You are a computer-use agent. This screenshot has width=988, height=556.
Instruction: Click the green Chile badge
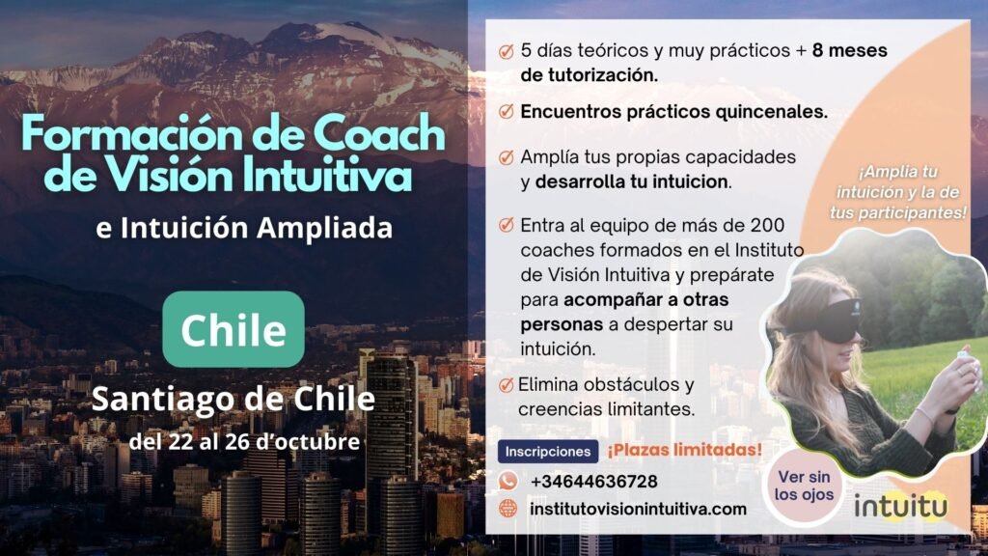click(x=233, y=329)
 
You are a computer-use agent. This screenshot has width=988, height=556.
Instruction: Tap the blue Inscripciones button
click(x=548, y=452)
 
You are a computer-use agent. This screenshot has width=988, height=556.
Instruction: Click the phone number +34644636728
click(x=593, y=482)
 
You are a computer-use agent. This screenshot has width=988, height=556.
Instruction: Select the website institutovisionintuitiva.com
click(x=638, y=509)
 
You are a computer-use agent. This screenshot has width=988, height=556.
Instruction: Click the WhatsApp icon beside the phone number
click(x=508, y=481)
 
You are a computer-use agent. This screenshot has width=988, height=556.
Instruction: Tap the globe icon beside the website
click(x=508, y=508)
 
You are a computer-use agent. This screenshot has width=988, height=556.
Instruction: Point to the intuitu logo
click(x=900, y=505)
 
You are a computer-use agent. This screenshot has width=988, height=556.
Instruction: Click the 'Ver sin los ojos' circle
click(x=804, y=486)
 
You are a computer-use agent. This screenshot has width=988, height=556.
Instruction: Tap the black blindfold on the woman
click(x=835, y=320)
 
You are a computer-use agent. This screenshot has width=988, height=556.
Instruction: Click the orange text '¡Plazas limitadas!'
click(x=684, y=450)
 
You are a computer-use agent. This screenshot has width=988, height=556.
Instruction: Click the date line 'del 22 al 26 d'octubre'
click(x=244, y=441)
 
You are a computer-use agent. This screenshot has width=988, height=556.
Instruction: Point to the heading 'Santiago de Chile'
click(x=233, y=399)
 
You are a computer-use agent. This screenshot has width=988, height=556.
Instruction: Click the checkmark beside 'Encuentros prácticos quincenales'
click(x=506, y=112)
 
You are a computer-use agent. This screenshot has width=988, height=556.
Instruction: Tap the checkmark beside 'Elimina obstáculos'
click(x=506, y=384)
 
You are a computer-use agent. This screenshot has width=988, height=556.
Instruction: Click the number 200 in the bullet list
click(x=767, y=225)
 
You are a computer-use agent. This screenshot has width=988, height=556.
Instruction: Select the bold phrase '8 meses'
click(x=849, y=50)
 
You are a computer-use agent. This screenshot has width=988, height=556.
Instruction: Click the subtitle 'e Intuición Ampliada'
click(x=244, y=228)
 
